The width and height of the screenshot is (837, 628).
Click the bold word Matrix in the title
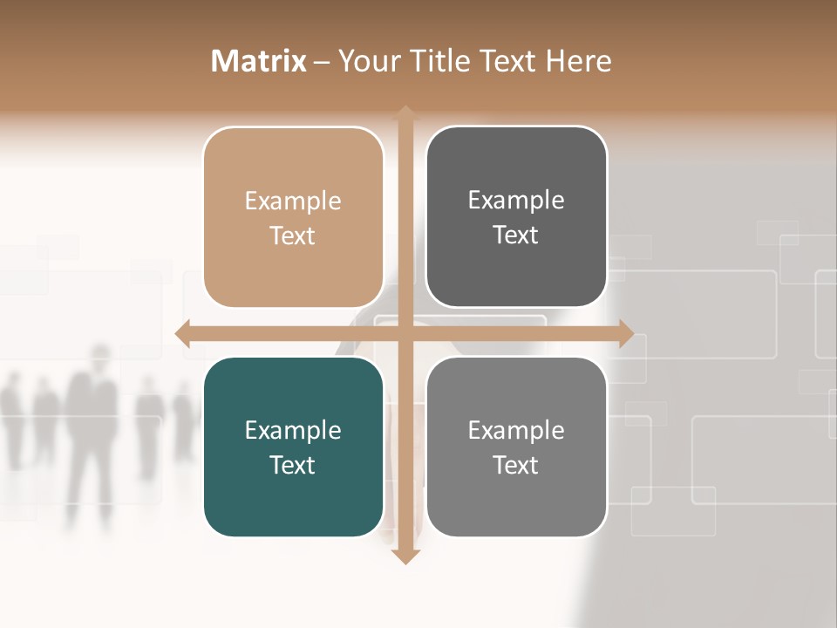(x=259, y=61)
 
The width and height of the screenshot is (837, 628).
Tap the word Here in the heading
(x=579, y=61)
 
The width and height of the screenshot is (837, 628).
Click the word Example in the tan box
(x=293, y=201)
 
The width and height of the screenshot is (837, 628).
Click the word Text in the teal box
(x=293, y=465)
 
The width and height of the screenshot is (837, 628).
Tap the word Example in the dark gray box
(x=516, y=201)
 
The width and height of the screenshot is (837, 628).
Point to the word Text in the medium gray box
(x=516, y=465)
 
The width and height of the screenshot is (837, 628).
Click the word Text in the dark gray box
(x=516, y=235)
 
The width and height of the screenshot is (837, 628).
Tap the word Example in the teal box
(x=293, y=430)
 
